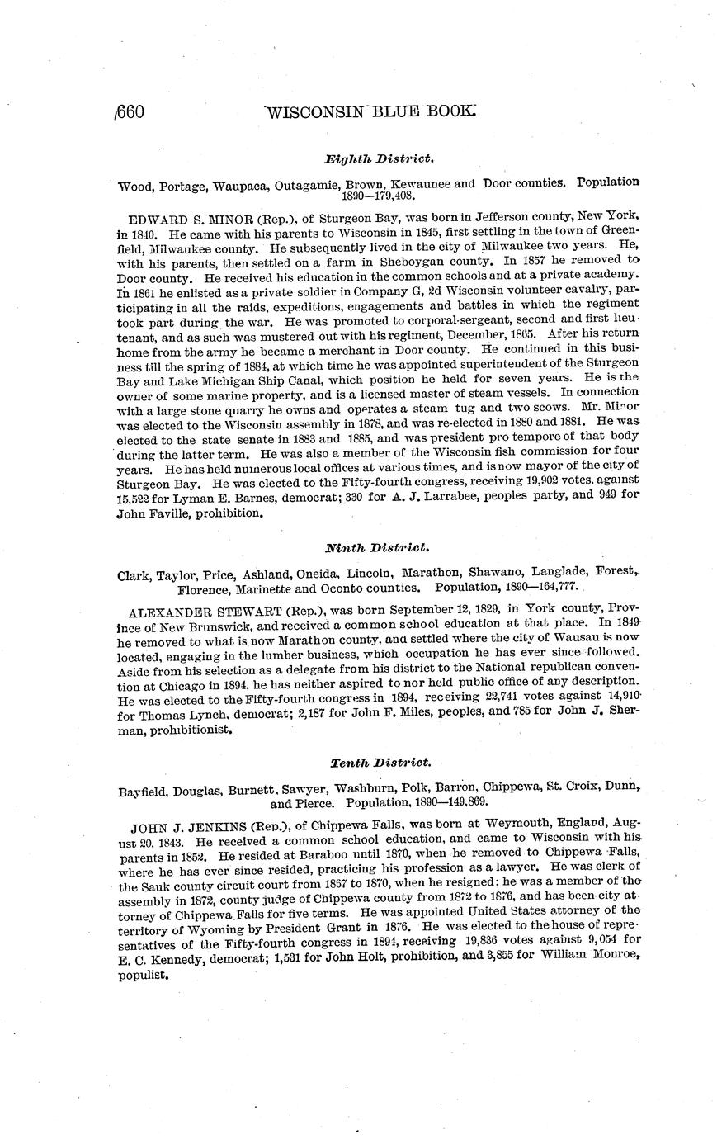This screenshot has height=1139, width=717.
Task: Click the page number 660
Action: (x=130, y=111)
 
